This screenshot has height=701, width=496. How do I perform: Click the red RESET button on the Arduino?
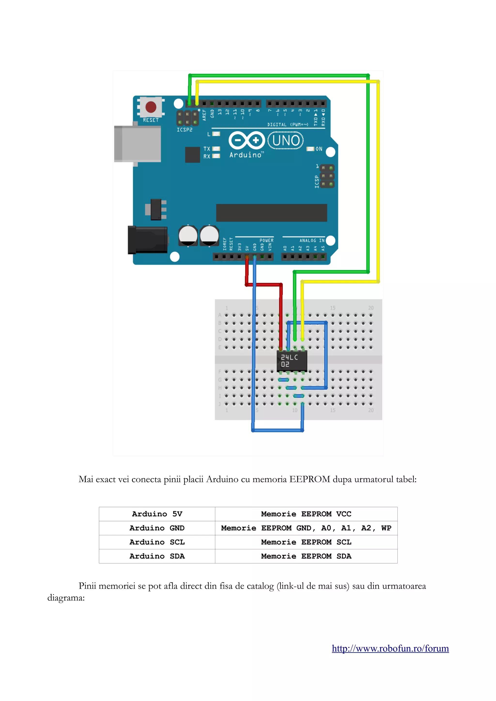coord(151,107)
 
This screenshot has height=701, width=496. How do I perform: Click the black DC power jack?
coord(147,240)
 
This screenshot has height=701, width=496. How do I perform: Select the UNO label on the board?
coord(286,141)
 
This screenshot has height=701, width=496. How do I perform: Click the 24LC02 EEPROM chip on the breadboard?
coord(292,361)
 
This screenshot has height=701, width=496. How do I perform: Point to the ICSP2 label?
coord(184,130)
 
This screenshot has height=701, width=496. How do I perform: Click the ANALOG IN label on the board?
coord(312,241)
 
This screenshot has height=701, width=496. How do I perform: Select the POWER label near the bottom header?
coord(266,241)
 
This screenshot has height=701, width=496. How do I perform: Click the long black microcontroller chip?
coord(271,213)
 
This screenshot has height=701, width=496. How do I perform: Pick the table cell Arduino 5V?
coord(157,514)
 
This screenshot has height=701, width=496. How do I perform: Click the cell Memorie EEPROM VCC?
coord(306,514)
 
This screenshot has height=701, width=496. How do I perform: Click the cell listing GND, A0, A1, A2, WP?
coord(306,528)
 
